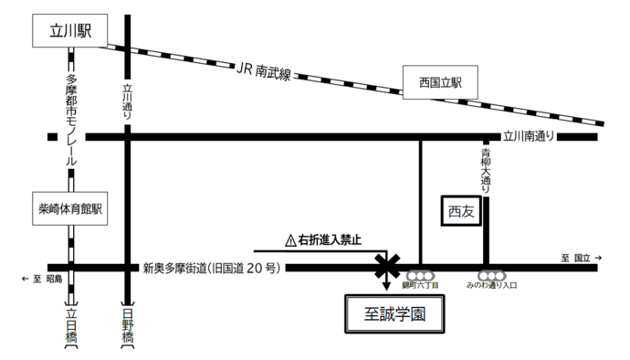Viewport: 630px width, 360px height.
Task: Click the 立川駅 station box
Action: (68, 33)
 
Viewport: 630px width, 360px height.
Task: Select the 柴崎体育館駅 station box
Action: (68, 207)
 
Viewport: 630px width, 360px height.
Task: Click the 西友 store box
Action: (461, 211)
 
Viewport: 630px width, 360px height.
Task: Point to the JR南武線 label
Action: (263, 70)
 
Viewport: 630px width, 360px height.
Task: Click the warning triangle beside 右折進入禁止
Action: (291, 241)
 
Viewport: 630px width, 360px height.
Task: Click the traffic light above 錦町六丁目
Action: (420, 274)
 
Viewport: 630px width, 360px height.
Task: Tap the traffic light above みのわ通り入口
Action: (492, 274)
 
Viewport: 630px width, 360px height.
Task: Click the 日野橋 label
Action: (126, 326)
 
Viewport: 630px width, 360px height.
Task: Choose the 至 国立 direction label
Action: (583, 259)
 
